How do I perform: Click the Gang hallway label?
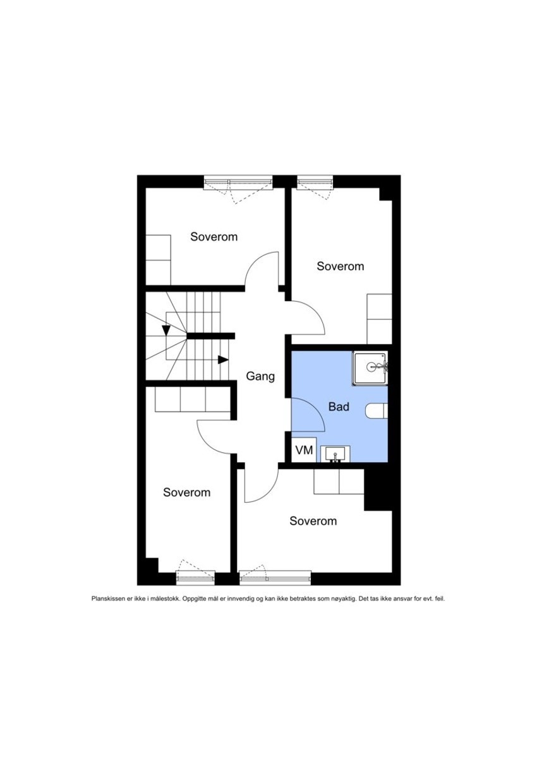[x=260, y=377]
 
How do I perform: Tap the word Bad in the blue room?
[x=339, y=407]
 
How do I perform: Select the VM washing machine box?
[x=304, y=450]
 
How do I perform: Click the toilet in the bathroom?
[x=377, y=411]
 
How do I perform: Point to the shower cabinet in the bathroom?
[x=370, y=369]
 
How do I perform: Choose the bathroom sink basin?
[x=335, y=454]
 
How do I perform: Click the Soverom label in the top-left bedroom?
[x=214, y=237]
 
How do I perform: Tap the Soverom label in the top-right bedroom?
[x=341, y=266]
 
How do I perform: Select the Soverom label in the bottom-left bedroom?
[x=186, y=493]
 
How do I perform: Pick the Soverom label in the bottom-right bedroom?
[x=313, y=521]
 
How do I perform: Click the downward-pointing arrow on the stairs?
[x=166, y=330]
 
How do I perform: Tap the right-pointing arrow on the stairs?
[x=223, y=360]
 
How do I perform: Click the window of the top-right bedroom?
[x=315, y=181]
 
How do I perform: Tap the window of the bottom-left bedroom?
[x=195, y=577]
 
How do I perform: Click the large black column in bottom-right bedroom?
[x=378, y=489]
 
